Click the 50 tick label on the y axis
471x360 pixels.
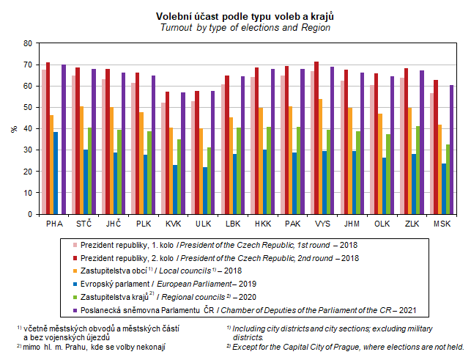(x=27, y=107)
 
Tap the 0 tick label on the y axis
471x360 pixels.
(x=29, y=213)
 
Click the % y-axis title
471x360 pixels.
(x=14, y=128)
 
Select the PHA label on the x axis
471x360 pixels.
(x=54, y=222)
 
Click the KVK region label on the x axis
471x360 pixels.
(x=174, y=222)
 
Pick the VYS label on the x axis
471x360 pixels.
(x=323, y=222)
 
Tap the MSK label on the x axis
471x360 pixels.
(x=442, y=222)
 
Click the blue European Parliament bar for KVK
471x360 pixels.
(x=175, y=188)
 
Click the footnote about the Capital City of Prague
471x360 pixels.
(x=344, y=348)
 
